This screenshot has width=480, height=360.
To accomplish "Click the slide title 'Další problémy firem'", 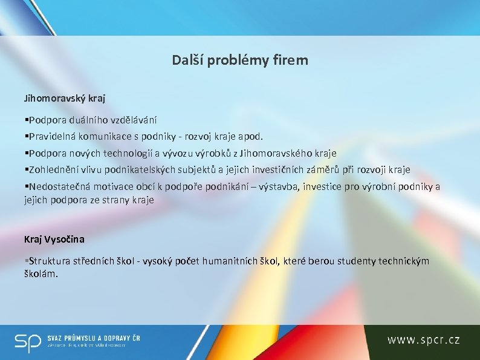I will pos(240,60).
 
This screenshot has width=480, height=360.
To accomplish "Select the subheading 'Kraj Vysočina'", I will pos(54,240).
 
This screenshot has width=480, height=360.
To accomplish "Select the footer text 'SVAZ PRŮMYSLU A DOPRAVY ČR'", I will pos(94,338).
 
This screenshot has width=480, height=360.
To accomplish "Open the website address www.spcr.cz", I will pos(423,341).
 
